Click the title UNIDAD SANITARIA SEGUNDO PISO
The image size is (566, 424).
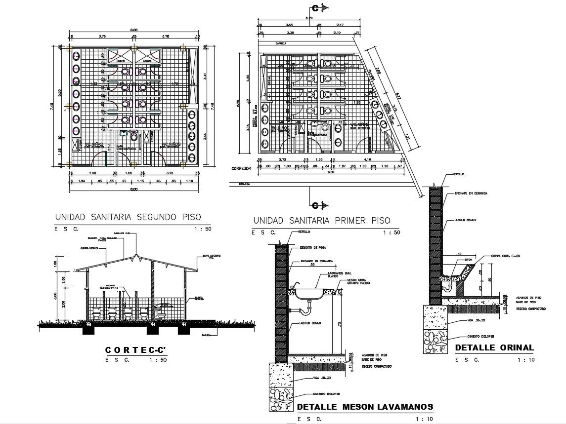point(128,217)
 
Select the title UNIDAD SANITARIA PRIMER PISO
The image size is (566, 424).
point(321,220)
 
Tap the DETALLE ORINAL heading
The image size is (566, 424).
point(494,347)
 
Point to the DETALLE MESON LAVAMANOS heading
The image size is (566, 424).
point(365,407)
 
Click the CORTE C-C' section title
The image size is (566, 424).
point(135,350)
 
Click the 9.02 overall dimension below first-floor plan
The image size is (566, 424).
point(331,172)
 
